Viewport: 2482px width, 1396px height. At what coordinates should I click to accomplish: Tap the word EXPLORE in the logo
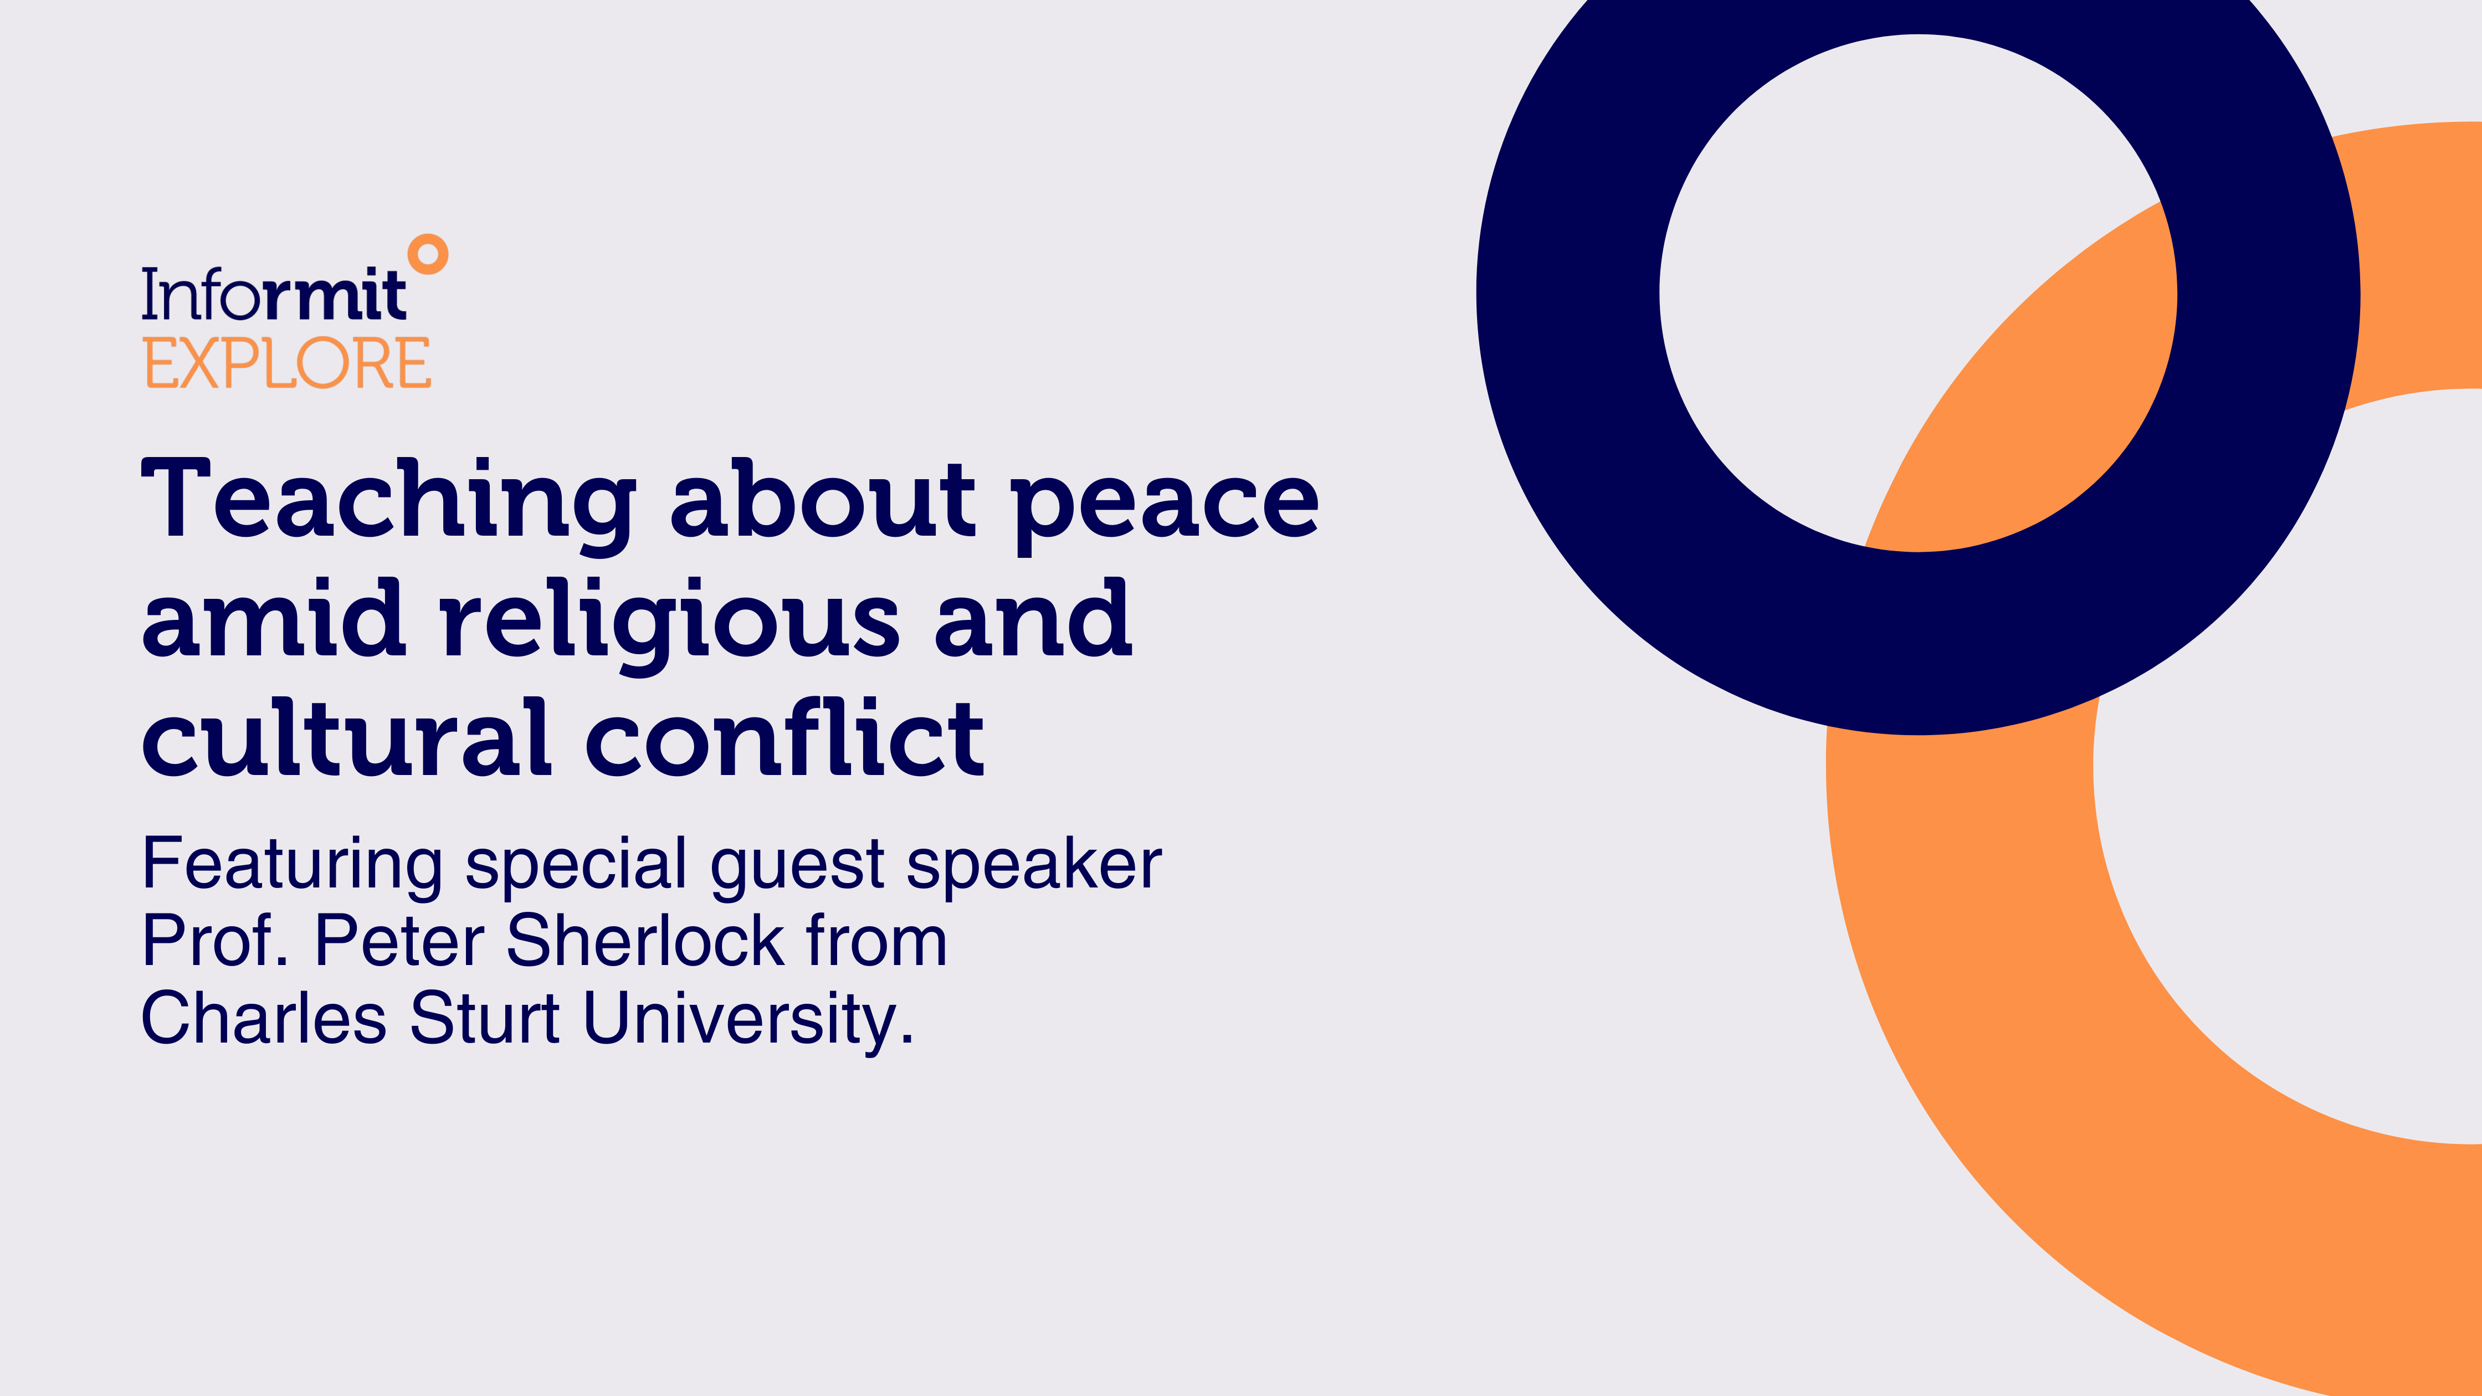287,363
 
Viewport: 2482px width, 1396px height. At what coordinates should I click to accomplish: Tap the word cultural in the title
347,736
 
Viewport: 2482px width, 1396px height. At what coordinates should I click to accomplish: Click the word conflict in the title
785,736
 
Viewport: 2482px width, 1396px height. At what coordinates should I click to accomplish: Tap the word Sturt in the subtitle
485,1018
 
